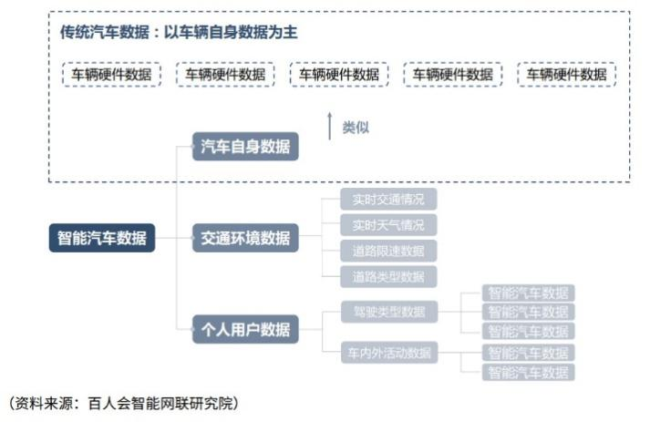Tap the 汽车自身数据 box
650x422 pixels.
[x=245, y=146]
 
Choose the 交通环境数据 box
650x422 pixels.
[x=245, y=239]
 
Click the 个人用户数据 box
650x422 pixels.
[x=245, y=329]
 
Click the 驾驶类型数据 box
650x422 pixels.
[x=389, y=312]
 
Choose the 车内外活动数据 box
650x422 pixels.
[x=389, y=352]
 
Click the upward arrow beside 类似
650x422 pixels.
[x=330, y=126]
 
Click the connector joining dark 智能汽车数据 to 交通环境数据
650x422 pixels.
[x=173, y=239]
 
